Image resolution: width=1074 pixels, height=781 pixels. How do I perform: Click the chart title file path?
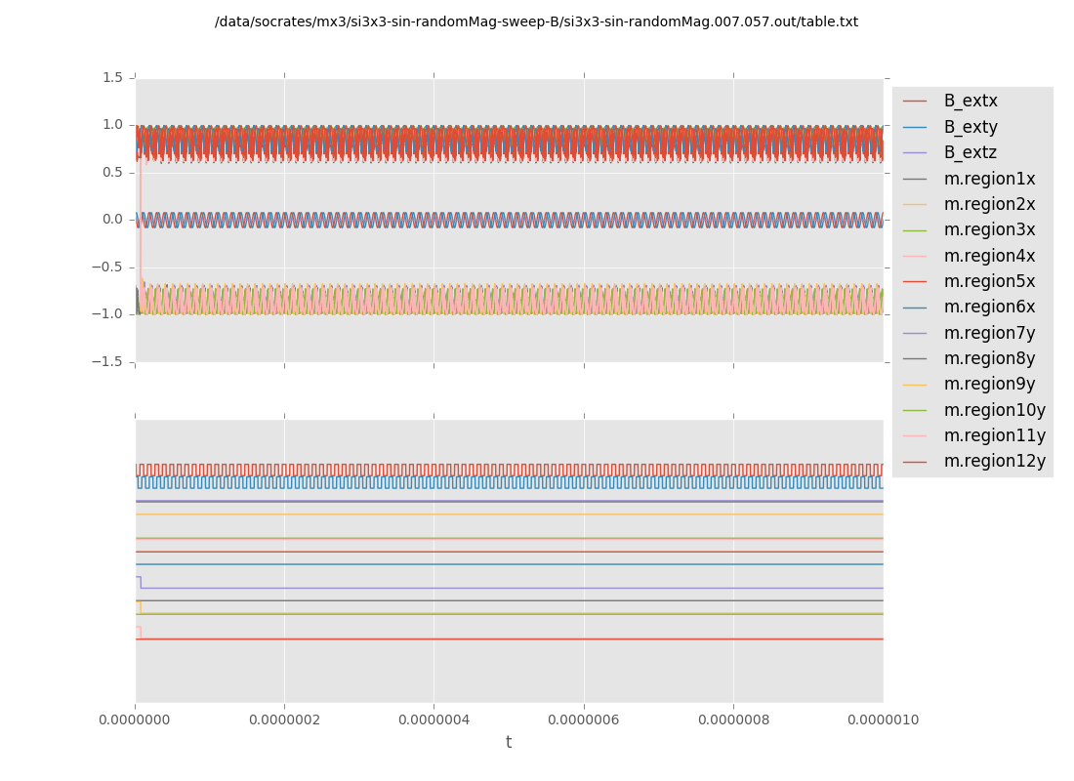click(536, 21)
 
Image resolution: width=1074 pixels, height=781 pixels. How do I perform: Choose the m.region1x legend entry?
click(989, 179)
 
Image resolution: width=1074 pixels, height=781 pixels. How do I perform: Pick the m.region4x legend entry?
click(989, 256)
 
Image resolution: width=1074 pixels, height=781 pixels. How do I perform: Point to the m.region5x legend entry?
click(989, 281)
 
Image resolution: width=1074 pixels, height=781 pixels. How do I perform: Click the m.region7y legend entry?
click(989, 333)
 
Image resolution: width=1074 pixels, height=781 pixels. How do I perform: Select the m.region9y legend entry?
click(989, 385)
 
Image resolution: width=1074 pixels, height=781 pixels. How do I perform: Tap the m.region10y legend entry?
click(994, 410)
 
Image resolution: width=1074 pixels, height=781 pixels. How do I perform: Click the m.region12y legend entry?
click(994, 461)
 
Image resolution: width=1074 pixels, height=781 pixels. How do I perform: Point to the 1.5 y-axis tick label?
click(113, 77)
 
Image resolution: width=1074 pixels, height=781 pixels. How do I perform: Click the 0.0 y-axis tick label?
click(113, 220)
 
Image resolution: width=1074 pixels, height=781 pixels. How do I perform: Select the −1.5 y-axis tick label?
click(109, 361)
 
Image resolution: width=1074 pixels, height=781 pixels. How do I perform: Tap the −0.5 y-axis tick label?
click(109, 267)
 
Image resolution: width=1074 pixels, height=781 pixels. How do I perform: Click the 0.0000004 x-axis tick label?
click(434, 720)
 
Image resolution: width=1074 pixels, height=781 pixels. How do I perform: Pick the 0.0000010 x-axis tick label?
click(883, 720)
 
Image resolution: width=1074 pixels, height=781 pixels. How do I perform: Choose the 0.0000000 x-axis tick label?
click(135, 720)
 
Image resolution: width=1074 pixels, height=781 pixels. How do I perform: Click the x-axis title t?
click(509, 743)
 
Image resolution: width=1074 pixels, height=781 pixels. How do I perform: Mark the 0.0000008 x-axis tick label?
click(733, 720)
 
